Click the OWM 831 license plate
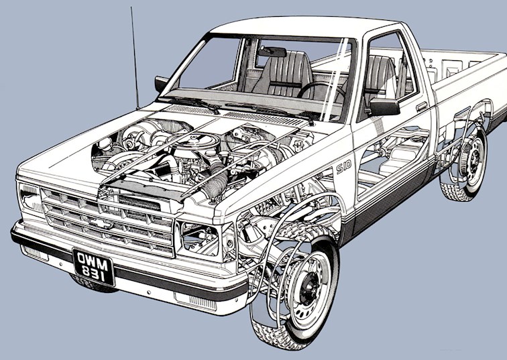pos(94,267)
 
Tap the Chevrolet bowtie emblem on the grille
pos(100,223)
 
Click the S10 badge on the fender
pos(343,168)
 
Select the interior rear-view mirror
pos(272,52)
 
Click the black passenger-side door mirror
pos(384,107)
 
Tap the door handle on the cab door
pos(421,106)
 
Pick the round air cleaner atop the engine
pos(193,145)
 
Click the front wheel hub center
pos(309,284)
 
